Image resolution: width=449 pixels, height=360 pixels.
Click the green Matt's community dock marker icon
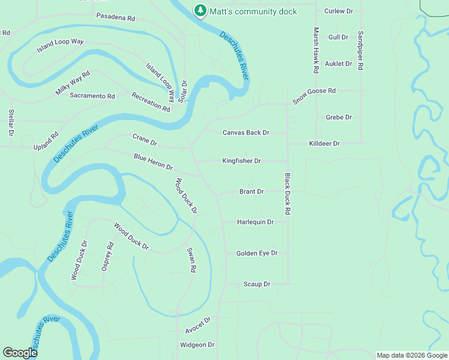199,10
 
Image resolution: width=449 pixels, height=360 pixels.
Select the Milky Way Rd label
72,82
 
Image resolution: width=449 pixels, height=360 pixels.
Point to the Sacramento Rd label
92,95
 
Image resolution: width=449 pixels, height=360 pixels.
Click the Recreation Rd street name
151,101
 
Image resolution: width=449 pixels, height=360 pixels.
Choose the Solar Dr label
184,91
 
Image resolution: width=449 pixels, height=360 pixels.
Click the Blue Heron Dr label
153,161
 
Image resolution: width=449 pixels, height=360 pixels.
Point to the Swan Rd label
191,260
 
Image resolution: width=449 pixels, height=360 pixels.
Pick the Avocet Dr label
198,325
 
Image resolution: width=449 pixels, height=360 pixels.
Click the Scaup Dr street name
257,284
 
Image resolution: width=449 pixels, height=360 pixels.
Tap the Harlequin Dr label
255,222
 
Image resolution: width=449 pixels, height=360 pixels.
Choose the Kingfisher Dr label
241,161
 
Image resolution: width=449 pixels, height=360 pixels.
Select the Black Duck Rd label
288,194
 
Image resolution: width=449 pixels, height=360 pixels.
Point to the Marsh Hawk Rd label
315,50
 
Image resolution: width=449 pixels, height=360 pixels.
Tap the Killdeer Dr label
324,143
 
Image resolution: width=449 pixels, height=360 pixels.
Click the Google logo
20,353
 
